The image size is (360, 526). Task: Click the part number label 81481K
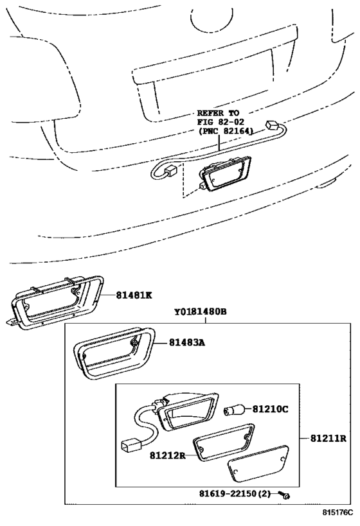tap(134, 295)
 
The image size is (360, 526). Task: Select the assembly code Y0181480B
tap(200, 311)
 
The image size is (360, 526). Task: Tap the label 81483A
tap(186, 342)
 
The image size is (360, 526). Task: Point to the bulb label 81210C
tap(270, 409)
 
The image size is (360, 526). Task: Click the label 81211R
tap(328, 438)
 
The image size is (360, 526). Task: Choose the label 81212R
tap(168, 455)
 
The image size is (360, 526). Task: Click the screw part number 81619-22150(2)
tap(235, 493)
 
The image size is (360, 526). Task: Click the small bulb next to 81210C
tap(230, 410)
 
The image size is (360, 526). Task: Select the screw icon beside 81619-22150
tap(285, 495)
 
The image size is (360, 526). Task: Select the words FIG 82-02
tap(221, 121)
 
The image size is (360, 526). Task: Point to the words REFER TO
tap(218, 113)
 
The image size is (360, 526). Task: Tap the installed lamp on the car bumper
tap(225, 174)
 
